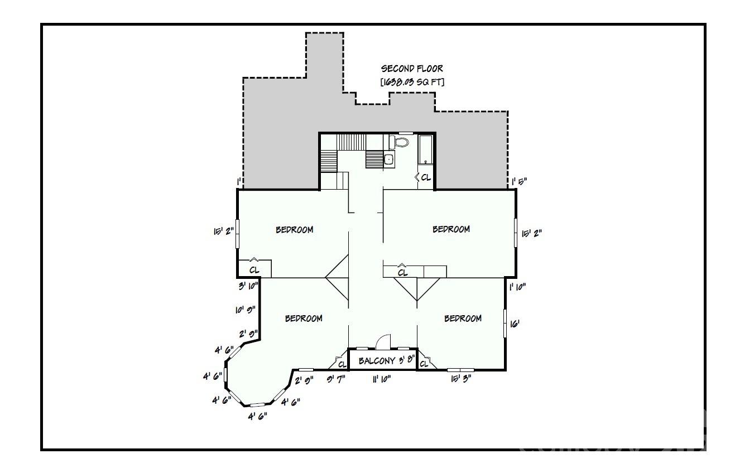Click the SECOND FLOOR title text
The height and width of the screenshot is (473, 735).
tap(412, 69)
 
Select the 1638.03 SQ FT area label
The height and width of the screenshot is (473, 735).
tap(412, 82)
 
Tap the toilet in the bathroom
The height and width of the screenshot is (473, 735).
tap(400, 142)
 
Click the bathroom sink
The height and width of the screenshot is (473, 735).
tap(389, 160)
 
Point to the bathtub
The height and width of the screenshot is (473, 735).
tap(426, 149)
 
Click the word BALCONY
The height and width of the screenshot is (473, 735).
tap(377, 360)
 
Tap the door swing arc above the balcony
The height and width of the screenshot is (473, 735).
tap(384, 341)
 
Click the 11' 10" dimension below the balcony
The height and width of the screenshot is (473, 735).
tap(382, 379)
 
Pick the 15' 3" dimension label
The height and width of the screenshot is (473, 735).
tap(462, 379)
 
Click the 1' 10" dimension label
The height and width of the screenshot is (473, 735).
tap(517, 287)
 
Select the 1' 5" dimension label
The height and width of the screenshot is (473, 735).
tap(520, 181)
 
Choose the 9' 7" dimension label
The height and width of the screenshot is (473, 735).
tap(336, 379)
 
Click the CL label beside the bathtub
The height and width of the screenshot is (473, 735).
tap(425, 177)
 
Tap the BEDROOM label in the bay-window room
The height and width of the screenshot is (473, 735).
tap(304, 318)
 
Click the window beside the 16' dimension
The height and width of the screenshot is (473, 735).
tap(505, 323)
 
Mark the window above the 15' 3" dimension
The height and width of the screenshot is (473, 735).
tap(460, 369)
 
